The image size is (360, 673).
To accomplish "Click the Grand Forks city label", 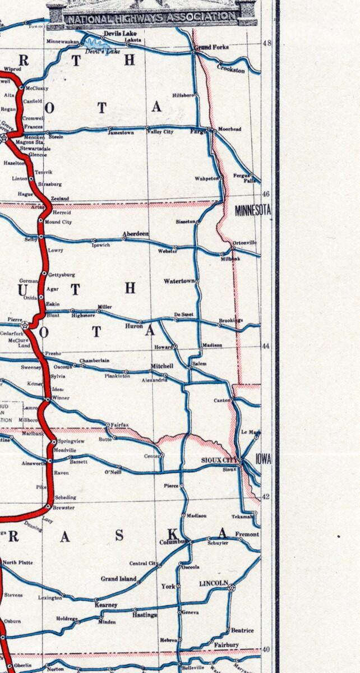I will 213,48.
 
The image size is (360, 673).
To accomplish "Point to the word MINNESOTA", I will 253,211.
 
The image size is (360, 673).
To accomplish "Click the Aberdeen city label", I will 136,235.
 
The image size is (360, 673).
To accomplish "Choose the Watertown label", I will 179,280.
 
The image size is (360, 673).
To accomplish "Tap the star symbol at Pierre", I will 25,325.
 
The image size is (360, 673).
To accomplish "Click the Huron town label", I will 133,324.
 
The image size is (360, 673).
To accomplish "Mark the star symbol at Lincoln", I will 232,587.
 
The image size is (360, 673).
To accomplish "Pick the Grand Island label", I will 118,579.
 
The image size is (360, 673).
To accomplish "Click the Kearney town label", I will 106,605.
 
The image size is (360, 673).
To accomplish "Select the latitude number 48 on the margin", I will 266,43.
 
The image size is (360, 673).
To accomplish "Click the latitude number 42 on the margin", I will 266,496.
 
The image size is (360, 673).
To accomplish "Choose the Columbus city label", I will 172,542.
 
